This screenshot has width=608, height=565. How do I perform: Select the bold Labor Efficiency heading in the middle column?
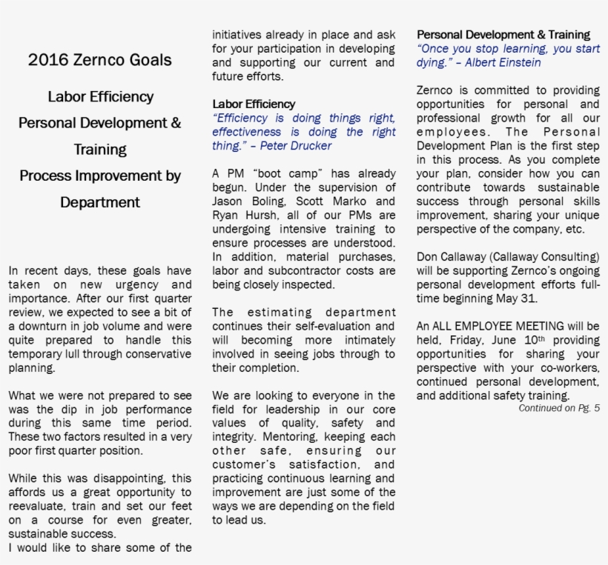click(x=254, y=104)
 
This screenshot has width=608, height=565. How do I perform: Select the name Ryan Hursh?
click(x=242, y=215)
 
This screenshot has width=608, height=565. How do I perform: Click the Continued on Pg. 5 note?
click(x=559, y=408)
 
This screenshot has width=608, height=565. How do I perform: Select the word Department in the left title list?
click(x=100, y=202)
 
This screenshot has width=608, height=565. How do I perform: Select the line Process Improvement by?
click(x=100, y=176)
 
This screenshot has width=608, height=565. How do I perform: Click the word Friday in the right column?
click(x=447, y=340)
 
